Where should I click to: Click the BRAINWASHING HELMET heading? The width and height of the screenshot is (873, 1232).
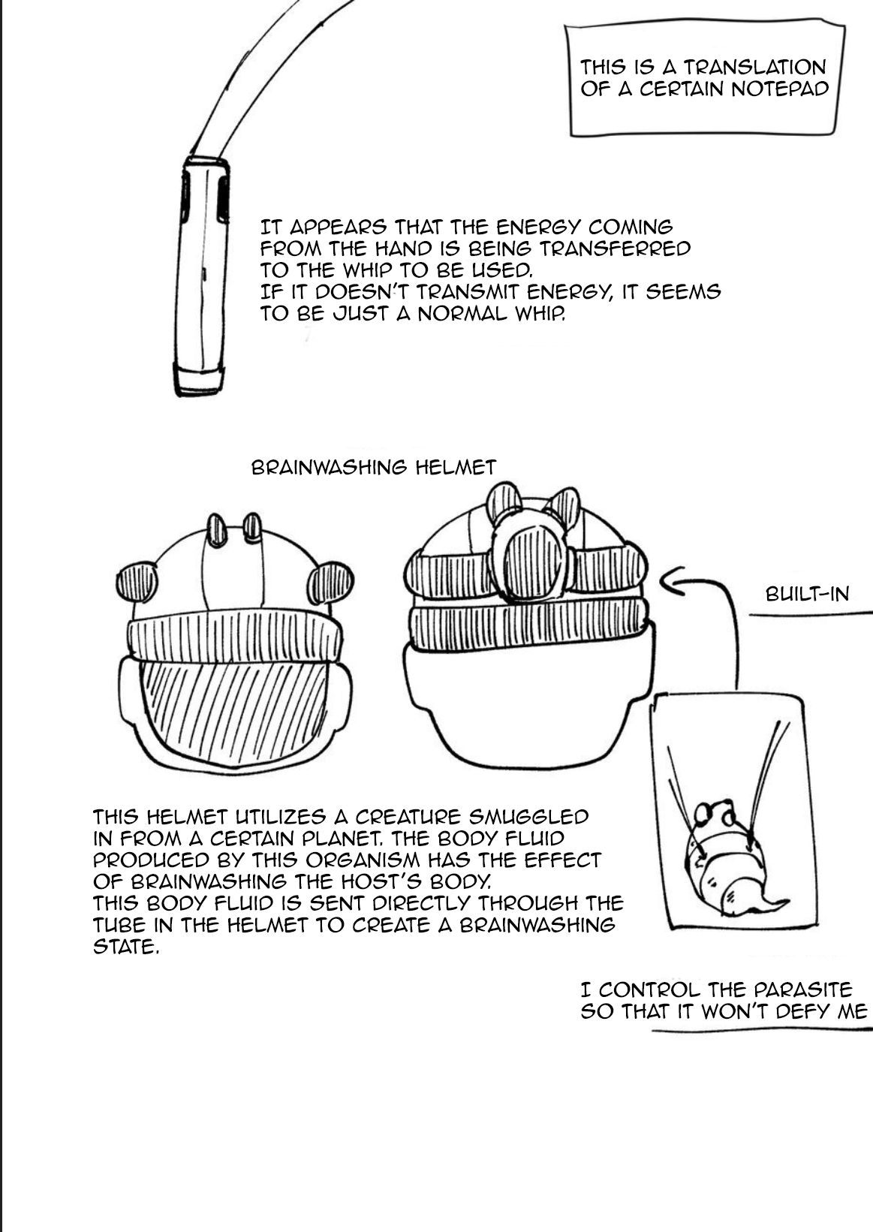click(x=373, y=468)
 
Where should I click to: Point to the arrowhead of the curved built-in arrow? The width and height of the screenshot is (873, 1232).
click(x=666, y=583)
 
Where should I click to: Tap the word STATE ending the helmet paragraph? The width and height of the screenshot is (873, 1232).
click(x=125, y=947)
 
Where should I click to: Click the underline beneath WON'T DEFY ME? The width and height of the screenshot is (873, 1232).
click(x=758, y=1032)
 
